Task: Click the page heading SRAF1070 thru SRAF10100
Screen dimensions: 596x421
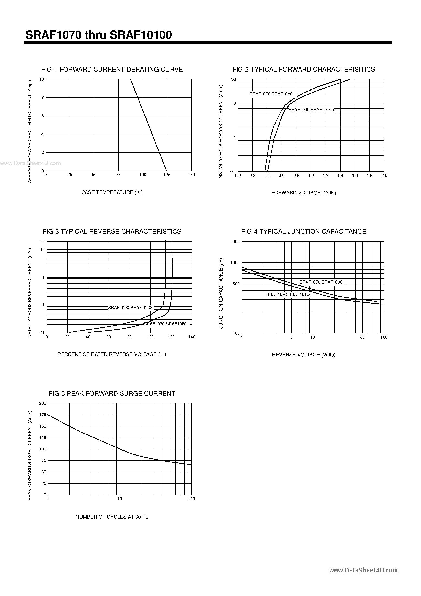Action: (x=99, y=35)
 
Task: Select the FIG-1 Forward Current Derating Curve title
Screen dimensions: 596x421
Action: (x=112, y=69)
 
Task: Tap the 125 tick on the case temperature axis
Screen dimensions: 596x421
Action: (x=167, y=175)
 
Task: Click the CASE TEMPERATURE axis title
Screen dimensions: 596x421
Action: (x=112, y=192)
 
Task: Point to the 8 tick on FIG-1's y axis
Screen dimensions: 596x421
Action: (x=43, y=98)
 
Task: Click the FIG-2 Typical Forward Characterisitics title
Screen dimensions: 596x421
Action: (x=303, y=69)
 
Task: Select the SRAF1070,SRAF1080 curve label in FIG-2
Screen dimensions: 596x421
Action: (x=271, y=94)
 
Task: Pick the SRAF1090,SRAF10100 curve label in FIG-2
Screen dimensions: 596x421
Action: (x=311, y=110)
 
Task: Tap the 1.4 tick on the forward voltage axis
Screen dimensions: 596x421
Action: (x=340, y=175)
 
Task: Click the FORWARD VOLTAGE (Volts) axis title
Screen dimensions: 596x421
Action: (x=303, y=193)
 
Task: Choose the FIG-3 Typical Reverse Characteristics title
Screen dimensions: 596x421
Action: (x=112, y=231)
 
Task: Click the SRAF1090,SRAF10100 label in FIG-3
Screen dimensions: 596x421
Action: (x=131, y=308)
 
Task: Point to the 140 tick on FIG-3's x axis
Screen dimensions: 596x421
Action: (x=192, y=337)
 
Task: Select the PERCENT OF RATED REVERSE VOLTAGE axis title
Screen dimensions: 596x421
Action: (x=112, y=354)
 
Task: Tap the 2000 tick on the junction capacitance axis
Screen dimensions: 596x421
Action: (x=235, y=241)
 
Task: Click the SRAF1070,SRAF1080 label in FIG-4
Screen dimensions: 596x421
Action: (x=321, y=282)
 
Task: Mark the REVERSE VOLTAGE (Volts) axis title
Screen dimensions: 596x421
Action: (x=303, y=355)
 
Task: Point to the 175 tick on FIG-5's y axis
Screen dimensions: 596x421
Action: (x=43, y=415)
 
